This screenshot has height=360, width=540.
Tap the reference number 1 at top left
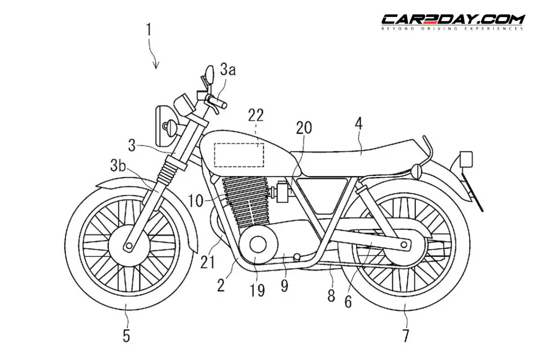tap(149, 31)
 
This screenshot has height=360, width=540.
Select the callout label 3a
tap(228, 70)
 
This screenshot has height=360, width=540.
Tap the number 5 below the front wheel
tap(127, 335)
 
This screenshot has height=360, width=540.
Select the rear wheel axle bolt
tap(404, 244)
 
